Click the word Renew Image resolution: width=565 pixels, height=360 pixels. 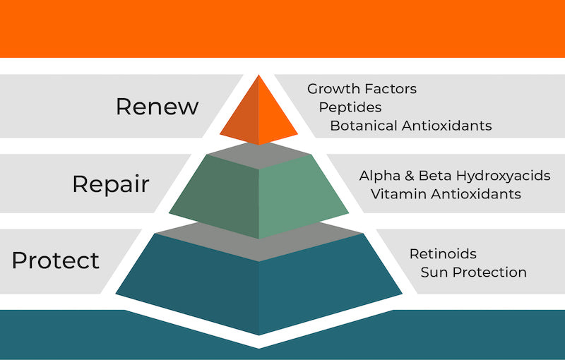pyautogui.click(x=157, y=107)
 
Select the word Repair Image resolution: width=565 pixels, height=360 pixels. pyautogui.click(x=111, y=185)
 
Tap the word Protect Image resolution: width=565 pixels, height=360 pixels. pyautogui.click(x=56, y=260)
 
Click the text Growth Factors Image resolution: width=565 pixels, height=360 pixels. pyautogui.click(x=362, y=89)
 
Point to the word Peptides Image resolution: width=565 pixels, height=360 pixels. pyautogui.click(x=350, y=107)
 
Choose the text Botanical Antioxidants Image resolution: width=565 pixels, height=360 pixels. pyautogui.click(x=411, y=126)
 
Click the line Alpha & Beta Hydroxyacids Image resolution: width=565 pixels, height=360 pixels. pyautogui.click(x=455, y=176)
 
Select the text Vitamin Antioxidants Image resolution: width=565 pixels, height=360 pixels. pyautogui.click(x=446, y=194)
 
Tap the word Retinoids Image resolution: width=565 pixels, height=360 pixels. pyautogui.click(x=443, y=254)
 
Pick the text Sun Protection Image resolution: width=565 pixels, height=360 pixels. pyautogui.click(x=473, y=272)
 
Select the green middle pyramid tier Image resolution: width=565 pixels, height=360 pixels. pyautogui.click(x=258, y=196)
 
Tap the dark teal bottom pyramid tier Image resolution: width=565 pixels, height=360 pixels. pyautogui.click(x=258, y=284)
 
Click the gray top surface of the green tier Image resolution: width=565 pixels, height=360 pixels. pyautogui.click(x=258, y=155)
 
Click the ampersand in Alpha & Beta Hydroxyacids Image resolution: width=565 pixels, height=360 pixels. pyautogui.click(x=409, y=176)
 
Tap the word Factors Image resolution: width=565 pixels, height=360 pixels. pyautogui.click(x=391, y=89)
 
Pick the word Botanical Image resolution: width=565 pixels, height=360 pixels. pyautogui.click(x=364, y=126)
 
